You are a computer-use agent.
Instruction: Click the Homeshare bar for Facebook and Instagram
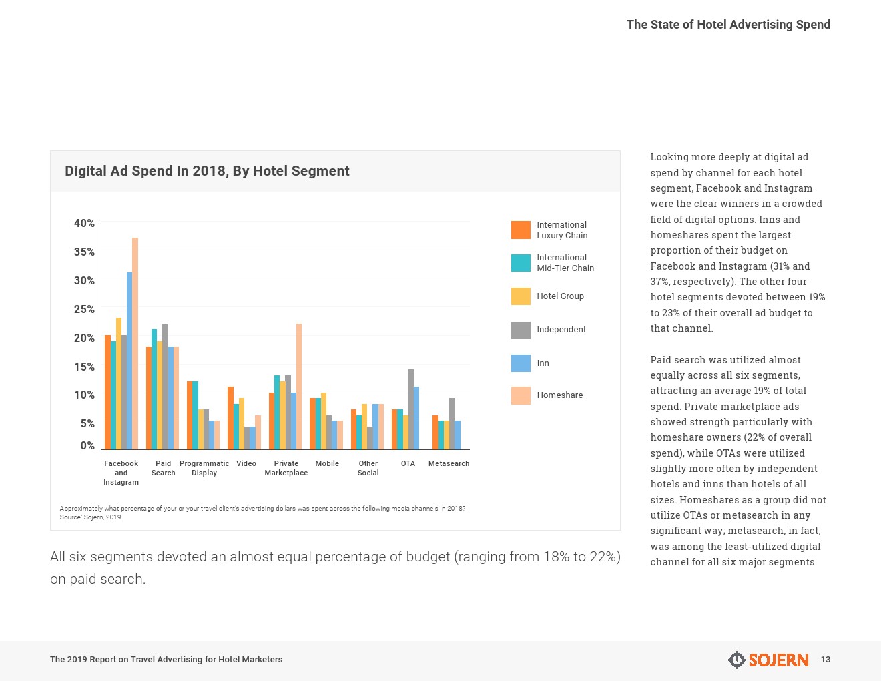coord(135,343)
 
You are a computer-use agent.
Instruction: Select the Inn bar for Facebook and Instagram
coord(129,361)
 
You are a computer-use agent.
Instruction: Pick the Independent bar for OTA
coord(411,409)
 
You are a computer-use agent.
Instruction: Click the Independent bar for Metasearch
coord(452,423)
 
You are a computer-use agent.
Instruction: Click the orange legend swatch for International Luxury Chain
coord(521,230)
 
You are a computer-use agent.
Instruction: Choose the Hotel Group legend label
coord(560,296)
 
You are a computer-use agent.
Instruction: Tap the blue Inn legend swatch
coord(521,363)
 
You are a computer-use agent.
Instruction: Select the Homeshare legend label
coord(559,395)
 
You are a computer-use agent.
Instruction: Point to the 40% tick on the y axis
coord(84,223)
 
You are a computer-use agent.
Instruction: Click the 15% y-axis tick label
coord(84,367)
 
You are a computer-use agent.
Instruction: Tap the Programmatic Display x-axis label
coord(204,468)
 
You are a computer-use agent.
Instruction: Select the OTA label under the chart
coord(408,463)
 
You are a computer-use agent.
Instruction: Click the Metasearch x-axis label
coord(449,463)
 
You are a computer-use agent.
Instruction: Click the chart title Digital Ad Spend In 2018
coord(207,171)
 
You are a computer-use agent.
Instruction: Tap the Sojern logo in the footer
coord(768,660)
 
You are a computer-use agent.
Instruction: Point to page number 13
coord(826,660)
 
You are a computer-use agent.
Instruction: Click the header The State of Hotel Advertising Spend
coord(728,25)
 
